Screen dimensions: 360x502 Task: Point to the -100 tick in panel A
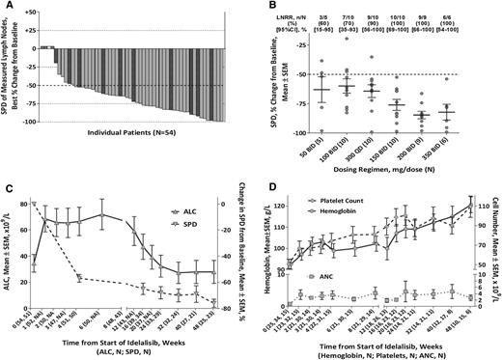pyautogui.click(x=27, y=123)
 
